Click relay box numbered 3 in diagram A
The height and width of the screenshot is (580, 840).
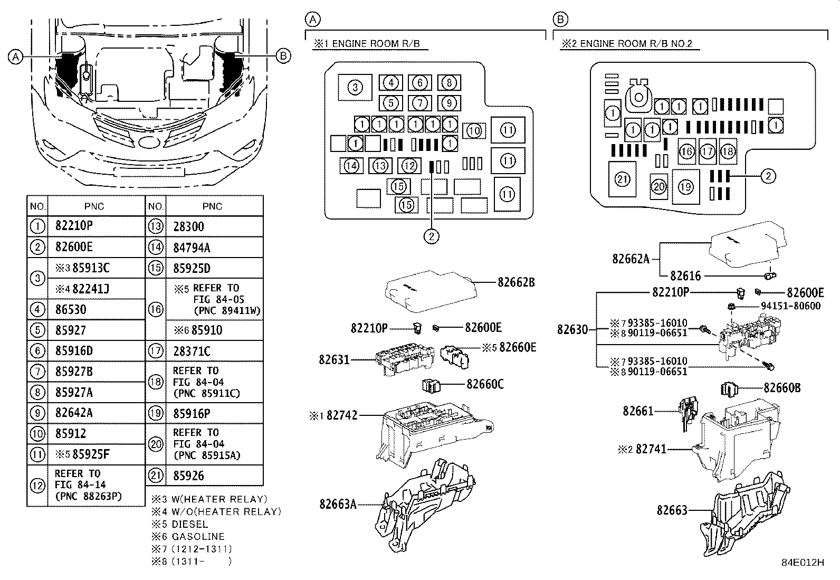355,87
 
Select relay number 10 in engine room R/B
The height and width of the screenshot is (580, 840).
474,130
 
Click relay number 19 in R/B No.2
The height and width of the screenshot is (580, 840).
685,186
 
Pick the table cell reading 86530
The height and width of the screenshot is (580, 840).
71,309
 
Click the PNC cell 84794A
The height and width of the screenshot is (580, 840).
192,248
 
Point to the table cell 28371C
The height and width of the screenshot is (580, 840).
192,351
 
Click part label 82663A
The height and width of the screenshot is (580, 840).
338,504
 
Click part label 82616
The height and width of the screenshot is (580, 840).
685,275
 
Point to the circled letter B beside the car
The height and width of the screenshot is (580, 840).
283,55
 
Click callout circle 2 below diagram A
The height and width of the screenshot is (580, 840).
431,236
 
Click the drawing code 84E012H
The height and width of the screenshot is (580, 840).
803,563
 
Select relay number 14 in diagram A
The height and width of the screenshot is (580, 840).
351,166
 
